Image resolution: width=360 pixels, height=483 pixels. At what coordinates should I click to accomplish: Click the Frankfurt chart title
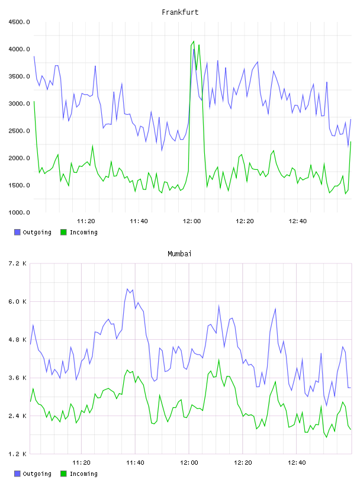click(x=180, y=12)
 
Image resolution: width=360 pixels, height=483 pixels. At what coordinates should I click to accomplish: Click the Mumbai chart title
click(x=179, y=254)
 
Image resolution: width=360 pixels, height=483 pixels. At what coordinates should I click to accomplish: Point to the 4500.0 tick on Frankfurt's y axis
click(x=19, y=22)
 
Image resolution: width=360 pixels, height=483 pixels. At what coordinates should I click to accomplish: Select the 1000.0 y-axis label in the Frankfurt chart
click(x=19, y=212)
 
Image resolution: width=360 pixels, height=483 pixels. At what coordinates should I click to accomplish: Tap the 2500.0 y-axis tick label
click(x=19, y=131)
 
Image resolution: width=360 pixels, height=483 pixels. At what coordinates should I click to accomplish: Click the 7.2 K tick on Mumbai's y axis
click(x=17, y=263)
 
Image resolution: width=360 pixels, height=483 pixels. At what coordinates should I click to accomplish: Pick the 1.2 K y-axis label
click(x=17, y=454)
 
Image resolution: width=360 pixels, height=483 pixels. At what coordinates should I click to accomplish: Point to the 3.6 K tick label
click(x=17, y=378)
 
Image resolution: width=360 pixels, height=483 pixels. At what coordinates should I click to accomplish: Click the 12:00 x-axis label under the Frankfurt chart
click(x=192, y=221)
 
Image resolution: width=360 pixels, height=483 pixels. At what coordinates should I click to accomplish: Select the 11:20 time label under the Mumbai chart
click(x=81, y=463)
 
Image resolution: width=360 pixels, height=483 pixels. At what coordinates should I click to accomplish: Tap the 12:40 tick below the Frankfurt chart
click(x=297, y=221)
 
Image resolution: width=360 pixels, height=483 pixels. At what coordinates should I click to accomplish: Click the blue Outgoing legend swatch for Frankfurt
click(x=17, y=232)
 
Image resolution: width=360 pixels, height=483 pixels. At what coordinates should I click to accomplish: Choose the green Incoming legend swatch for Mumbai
click(x=63, y=474)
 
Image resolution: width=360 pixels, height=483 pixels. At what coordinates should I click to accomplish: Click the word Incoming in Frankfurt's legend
click(x=83, y=233)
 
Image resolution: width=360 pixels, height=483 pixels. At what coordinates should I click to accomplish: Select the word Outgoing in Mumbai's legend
click(x=37, y=474)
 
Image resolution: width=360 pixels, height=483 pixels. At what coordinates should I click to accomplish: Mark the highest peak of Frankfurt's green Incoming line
click(x=194, y=41)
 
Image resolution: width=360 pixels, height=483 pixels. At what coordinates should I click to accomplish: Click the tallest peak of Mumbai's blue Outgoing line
click(x=127, y=289)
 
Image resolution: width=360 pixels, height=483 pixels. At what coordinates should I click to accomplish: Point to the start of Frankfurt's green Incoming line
click(x=34, y=101)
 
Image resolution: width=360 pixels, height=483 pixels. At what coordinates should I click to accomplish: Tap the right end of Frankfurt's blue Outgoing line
click(x=351, y=119)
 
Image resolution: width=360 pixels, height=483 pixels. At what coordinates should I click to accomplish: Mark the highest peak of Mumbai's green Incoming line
click(x=219, y=359)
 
